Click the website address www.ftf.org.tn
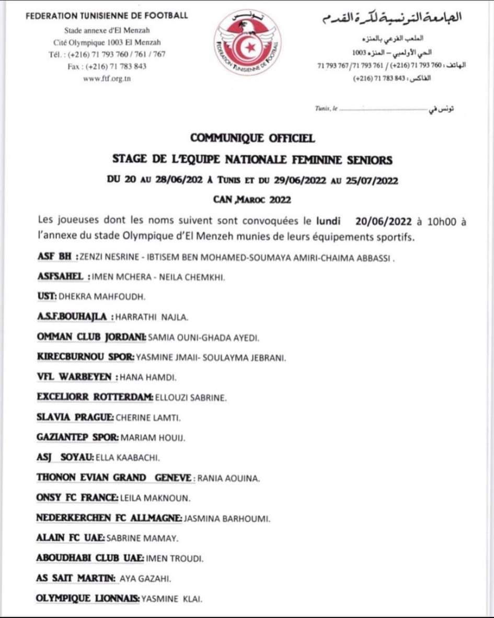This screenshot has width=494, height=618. click(107, 79)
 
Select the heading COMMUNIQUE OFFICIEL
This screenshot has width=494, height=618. click(252, 138)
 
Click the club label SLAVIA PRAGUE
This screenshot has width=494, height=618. click(75, 417)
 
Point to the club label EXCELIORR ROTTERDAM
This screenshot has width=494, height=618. click(95, 397)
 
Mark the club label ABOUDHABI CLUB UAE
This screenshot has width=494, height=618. click(90, 558)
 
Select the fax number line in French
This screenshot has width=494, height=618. click(107, 66)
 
